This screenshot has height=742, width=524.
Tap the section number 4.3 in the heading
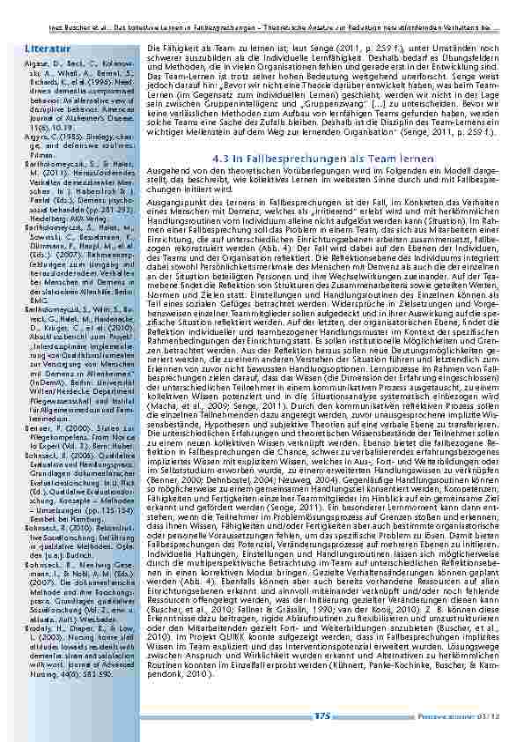[x=222, y=160]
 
